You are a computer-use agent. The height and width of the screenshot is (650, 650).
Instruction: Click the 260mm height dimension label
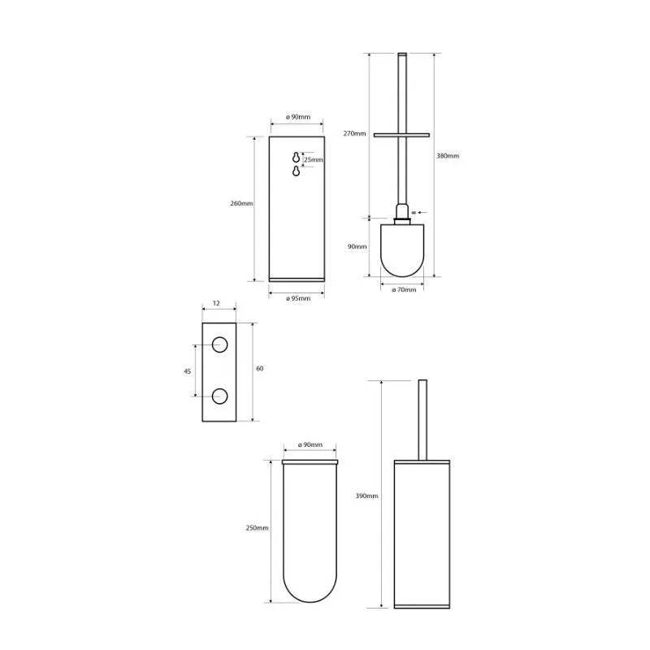click(241, 204)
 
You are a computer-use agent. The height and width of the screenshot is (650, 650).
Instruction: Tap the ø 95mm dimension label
click(298, 298)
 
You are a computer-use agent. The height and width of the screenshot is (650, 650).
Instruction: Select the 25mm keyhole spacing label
click(314, 159)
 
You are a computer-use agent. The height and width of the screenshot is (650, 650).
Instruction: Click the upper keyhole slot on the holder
click(296, 157)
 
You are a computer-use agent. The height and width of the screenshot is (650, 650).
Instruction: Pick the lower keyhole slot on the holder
click(296, 171)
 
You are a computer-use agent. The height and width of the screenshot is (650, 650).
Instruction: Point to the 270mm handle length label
click(354, 133)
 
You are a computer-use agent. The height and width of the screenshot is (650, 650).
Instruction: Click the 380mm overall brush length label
click(448, 156)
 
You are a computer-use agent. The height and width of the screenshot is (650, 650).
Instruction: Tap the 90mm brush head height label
click(357, 246)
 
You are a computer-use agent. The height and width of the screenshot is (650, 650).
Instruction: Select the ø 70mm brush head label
click(404, 290)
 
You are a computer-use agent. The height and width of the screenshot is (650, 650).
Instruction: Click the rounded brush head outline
click(402, 276)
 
